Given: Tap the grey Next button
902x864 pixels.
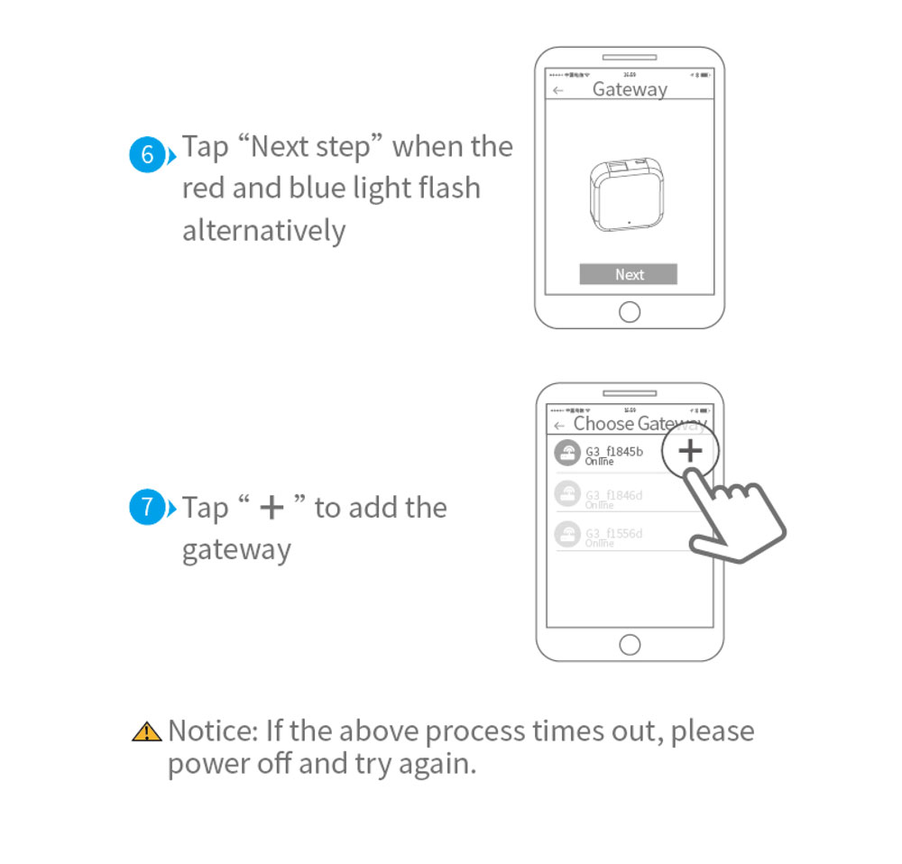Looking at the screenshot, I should click(x=628, y=275).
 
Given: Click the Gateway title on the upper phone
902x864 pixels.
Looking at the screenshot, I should click(x=630, y=89).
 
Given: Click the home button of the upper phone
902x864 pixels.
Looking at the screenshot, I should click(x=630, y=312).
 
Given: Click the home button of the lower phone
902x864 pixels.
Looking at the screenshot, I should click(x=630, y=645).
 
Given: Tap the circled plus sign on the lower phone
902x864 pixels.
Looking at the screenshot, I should click(x=690, y=452).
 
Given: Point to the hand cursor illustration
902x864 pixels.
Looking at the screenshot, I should click(x=735, y=519).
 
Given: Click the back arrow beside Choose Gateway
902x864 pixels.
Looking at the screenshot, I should click(x=559, y=425).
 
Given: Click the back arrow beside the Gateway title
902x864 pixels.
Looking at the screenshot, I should click(x=558, y=90).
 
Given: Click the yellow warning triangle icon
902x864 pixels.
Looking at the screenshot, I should click(x=146, y=731).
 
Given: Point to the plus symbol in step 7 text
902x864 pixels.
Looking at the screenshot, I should click(x=271, y=508).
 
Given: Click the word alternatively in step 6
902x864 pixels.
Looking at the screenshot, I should click(x=263, y=231).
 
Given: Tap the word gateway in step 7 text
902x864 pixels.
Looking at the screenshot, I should click(x=236, y=550).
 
